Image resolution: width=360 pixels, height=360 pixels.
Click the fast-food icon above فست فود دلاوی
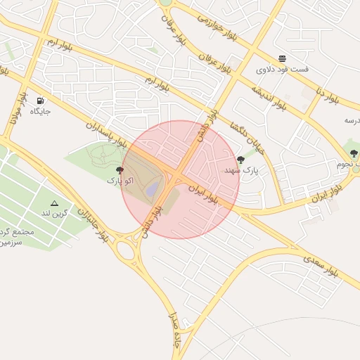click(282, 58)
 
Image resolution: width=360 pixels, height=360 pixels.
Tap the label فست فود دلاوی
click(281, 70)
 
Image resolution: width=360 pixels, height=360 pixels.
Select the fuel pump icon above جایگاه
click(39, 100)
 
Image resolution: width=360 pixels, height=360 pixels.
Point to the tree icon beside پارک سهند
click(241, 160)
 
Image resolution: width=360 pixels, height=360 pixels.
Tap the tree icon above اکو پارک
click(120, 169)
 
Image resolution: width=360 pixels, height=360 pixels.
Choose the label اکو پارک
click(120, 181)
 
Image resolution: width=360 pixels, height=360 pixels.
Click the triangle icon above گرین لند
click(54, 202)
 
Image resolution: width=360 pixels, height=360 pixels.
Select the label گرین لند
click(54, 213)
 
